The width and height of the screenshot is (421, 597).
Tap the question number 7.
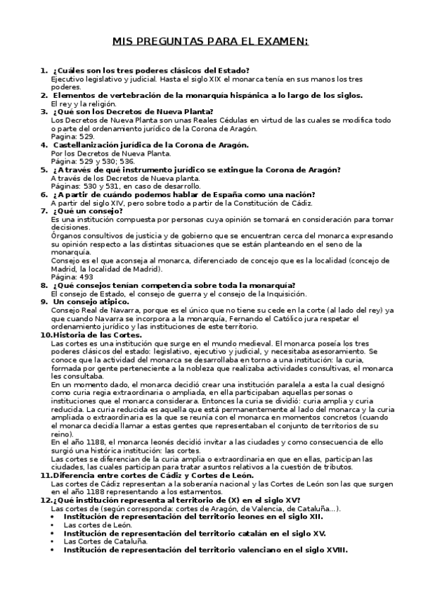[44, 210]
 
